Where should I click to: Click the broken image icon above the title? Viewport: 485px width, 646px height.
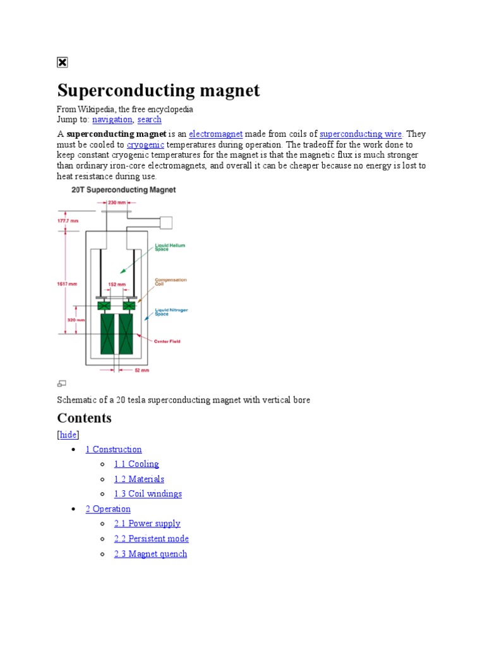tap(62, 62)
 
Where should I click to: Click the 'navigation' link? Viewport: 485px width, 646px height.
tap(112, 119)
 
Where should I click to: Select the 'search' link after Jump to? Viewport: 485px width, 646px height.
tap(149, 119)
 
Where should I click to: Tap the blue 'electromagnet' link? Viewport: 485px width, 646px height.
tap(216, 134)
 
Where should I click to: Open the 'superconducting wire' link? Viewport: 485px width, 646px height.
tap(361, 134)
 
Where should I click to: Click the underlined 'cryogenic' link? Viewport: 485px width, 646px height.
tap(146, 144)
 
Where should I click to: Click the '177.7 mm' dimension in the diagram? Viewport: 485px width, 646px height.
tap(68, 220)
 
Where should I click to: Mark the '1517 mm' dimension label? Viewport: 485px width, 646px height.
tap(68, 284)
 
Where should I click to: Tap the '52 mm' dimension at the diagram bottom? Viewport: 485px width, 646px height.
tap(141, 371)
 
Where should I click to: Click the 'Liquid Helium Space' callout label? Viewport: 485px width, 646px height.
tap(171, 247)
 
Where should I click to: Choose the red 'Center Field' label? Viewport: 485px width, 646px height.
tap(167, 341)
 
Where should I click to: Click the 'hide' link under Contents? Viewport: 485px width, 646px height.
tap(68, 435)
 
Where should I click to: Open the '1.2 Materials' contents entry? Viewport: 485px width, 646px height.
tap(139, 479)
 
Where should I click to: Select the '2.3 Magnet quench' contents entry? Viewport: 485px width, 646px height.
tap(150, 554)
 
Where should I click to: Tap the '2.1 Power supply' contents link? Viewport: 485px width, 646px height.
tap(147, 523)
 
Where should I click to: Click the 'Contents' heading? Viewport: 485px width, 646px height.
tap(84, 418)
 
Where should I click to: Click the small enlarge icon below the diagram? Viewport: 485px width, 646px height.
tap(62, 383)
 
